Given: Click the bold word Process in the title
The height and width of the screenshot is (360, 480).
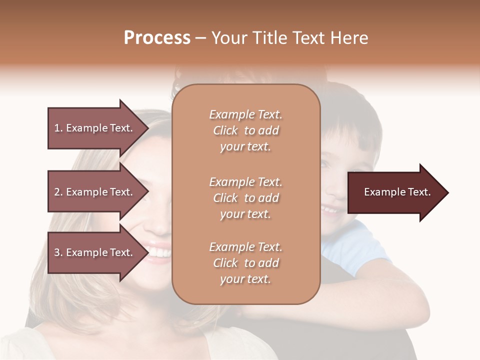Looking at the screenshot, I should click(157, 37).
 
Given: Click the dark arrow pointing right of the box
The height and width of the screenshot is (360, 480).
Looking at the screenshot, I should click(395, 192).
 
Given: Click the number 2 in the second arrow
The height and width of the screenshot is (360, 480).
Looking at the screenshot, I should click(57, 192).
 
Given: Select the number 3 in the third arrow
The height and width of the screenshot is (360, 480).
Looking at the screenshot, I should click(57, 252).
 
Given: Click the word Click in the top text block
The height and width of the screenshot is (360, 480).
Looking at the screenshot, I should click(225, 131).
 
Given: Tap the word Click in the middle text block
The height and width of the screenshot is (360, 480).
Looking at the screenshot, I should click(225, 198).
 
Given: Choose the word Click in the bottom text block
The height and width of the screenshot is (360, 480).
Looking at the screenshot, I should click(225, 263).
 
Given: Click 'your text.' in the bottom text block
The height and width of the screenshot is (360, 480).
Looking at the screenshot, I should click(245, 279).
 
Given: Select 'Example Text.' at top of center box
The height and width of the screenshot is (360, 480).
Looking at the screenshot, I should click(245, 114).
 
